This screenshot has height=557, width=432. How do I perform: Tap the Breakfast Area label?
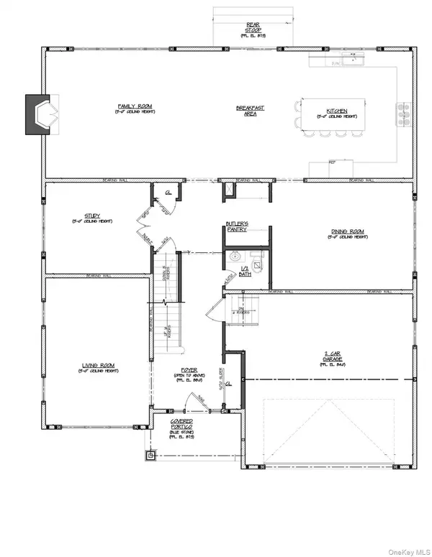250,110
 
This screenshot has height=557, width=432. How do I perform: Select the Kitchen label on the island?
337,112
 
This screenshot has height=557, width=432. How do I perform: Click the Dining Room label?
347,232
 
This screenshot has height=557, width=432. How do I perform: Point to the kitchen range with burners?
402,113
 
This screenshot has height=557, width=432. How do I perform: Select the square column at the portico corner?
150,454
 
